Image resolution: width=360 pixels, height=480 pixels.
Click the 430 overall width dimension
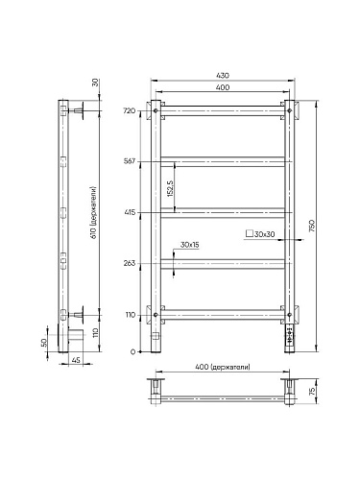223,76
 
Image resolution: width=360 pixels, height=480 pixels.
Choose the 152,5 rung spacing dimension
170,188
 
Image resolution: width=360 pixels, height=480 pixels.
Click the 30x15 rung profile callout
189,245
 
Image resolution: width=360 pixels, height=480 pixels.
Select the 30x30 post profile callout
260,234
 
